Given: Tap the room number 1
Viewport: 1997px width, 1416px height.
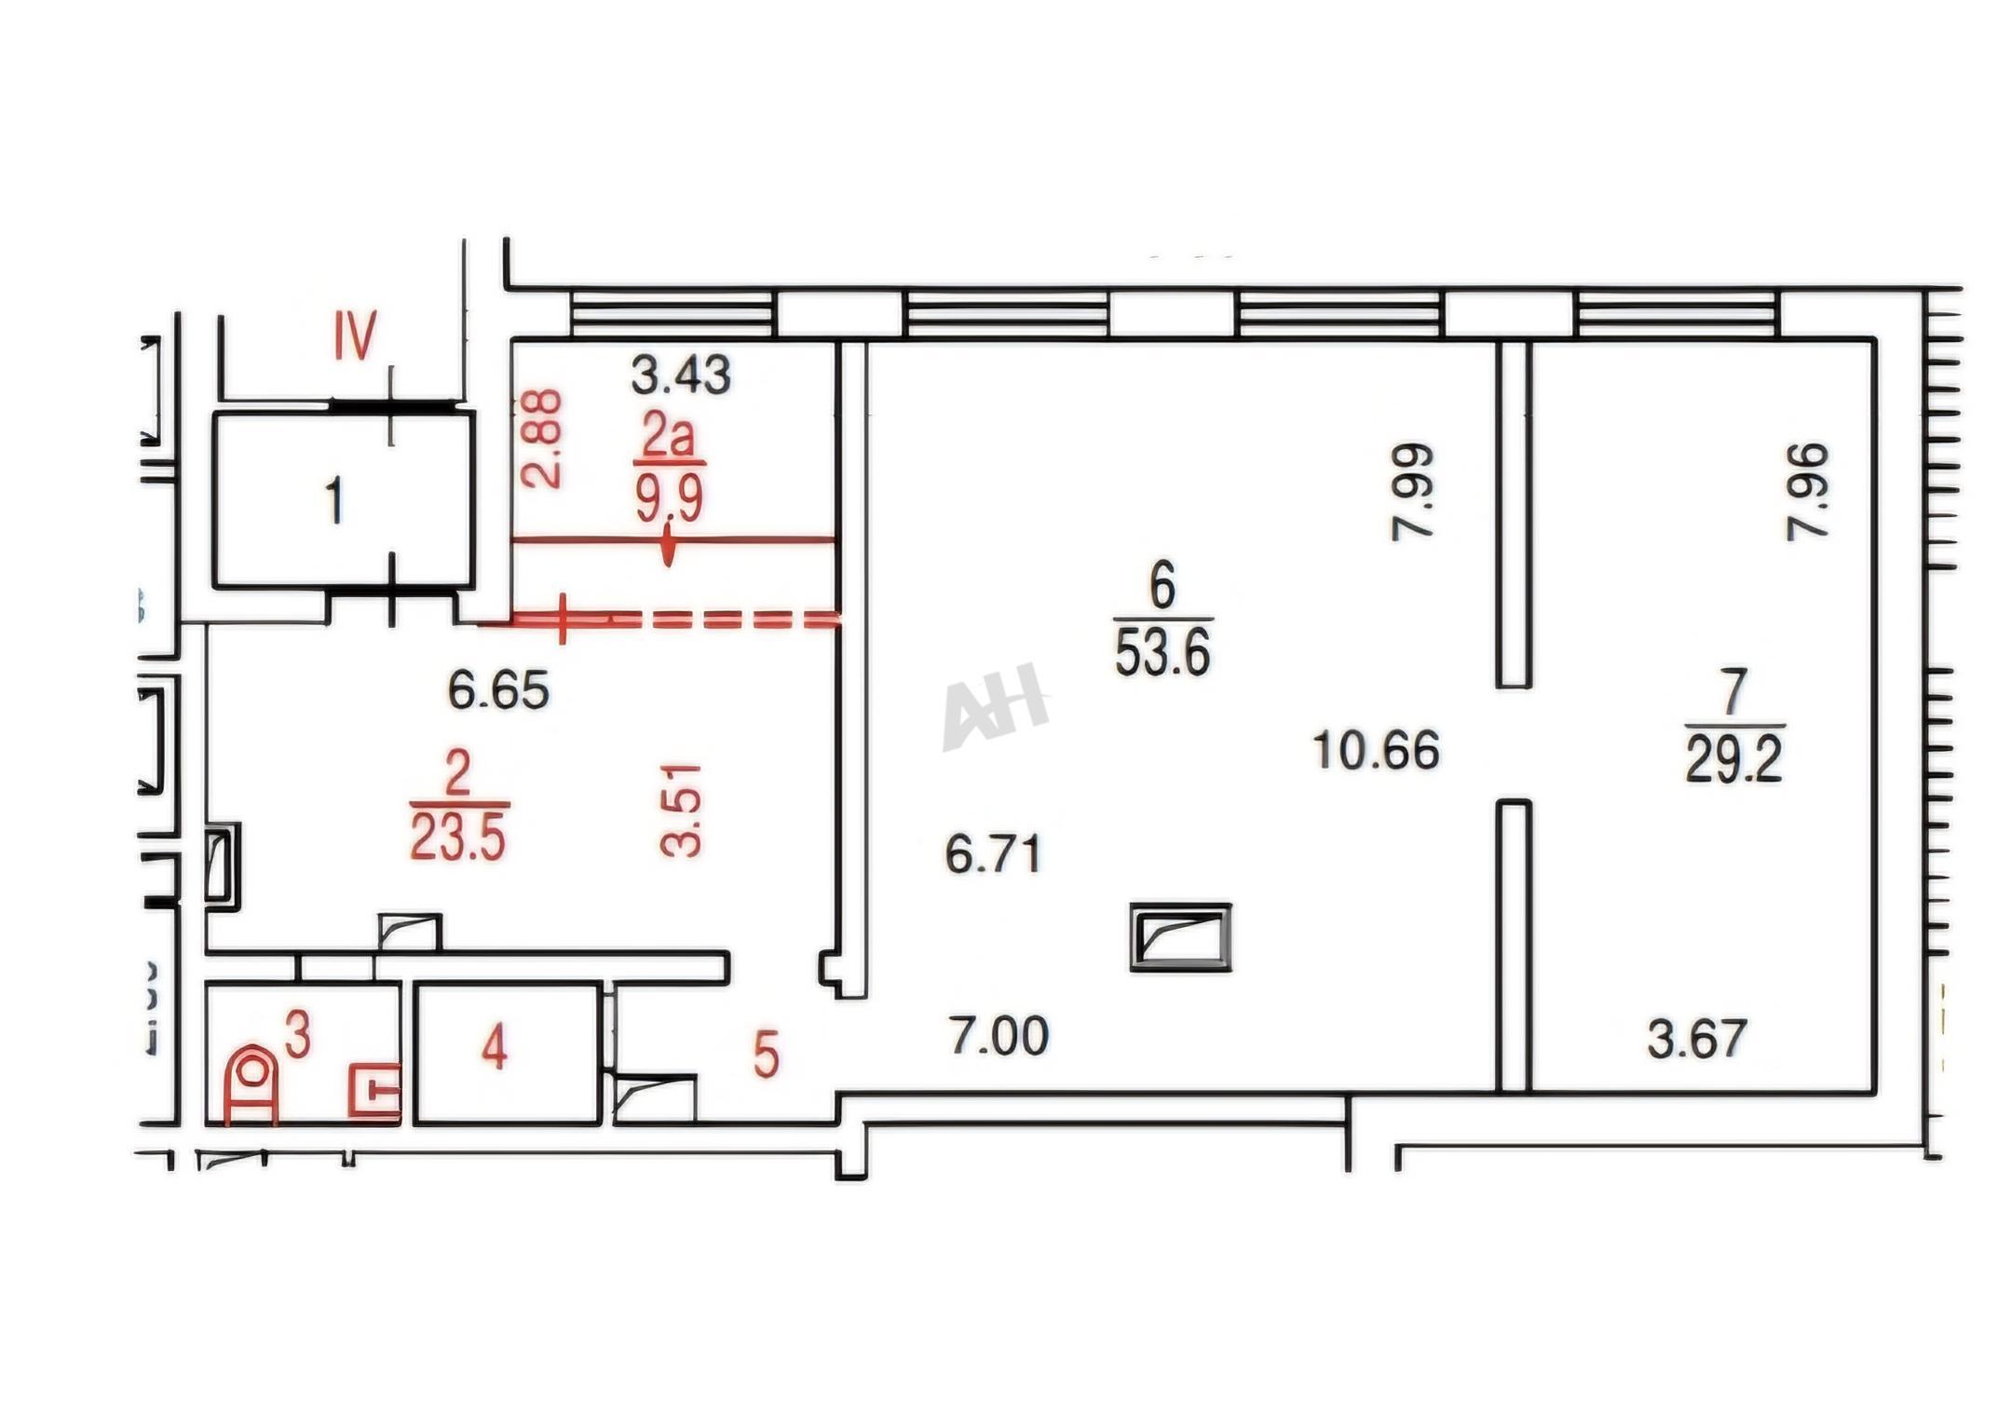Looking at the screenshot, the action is coord(334,500).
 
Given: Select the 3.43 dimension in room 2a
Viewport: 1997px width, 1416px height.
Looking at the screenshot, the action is coord(680,375).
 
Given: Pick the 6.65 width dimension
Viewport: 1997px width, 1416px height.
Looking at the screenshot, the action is coord(498,690).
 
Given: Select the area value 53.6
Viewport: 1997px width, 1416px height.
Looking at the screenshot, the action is coord(1162,654).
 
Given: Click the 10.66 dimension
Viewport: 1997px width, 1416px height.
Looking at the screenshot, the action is coord(1376,750).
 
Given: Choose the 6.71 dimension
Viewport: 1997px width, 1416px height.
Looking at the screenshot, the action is coord(993,854).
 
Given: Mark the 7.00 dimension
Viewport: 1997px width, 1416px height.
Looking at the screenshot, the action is coord(998,1036).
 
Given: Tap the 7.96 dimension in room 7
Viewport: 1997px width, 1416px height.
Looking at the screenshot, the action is coord(1807,491).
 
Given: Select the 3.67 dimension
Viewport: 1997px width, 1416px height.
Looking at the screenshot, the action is coord(1697,1039).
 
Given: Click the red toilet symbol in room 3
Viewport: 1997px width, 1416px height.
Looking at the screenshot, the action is coord(251,1084).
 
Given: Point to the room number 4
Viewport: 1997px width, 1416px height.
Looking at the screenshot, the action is coord(495,1048).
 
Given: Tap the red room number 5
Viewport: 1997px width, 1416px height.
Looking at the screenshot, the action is coord(766,1055).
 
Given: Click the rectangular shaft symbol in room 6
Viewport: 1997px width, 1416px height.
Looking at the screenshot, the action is coord(1180,937).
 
